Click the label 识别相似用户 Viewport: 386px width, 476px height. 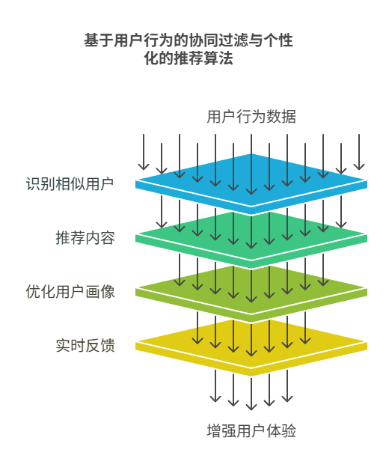tap(70, 184)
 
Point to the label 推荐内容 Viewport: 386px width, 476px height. tap(85, 238)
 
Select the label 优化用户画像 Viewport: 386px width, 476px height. tap(70, 292)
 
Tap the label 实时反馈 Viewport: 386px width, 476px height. tap(85, 346)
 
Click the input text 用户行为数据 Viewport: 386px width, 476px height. tap(251, 117)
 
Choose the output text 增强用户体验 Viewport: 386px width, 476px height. tap(251, 431)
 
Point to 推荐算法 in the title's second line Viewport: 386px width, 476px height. tap(203, 58)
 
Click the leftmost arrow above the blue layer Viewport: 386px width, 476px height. tap(144, 152)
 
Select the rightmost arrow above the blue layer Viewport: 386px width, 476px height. tap(359, 152)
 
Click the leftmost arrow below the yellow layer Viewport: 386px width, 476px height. tap(215, 385)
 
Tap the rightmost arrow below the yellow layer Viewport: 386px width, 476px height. tap(287, 385)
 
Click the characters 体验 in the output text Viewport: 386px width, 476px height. tap(281, 431)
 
